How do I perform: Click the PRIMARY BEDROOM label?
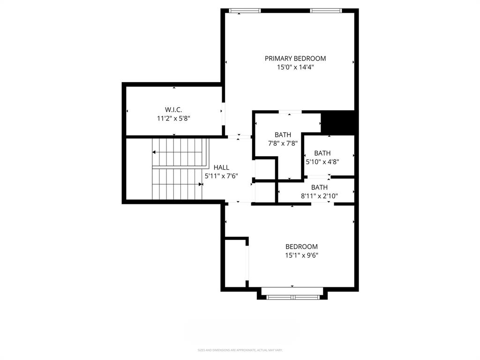295,59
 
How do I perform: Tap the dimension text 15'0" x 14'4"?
295,67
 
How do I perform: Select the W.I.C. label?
173,110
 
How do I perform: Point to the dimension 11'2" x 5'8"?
173,119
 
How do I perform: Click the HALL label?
221,167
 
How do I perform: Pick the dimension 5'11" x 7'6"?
221,176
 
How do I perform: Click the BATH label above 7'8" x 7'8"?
283,135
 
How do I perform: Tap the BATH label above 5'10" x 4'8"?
322,153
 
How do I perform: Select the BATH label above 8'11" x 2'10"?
319,187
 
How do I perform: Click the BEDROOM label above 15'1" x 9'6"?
301,247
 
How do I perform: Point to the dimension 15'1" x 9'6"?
301,255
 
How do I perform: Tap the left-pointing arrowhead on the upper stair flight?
154,152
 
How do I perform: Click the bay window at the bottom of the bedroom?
292,297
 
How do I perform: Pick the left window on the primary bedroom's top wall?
245,10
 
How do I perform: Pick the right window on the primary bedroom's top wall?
326,10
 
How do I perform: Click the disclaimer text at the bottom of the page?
240,350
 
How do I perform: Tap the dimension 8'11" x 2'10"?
319,196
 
